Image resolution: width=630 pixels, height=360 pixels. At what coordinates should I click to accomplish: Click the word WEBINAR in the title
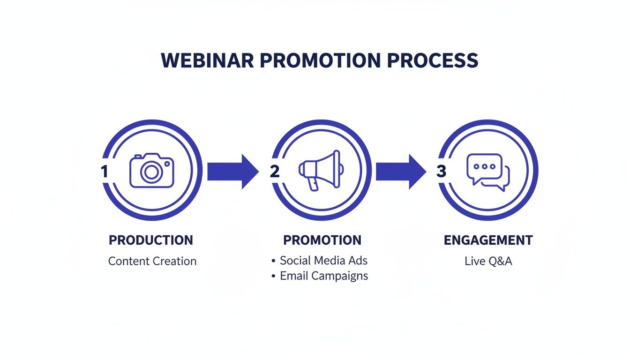[207, 60]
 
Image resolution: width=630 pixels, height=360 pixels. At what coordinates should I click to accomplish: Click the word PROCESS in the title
[433, 60]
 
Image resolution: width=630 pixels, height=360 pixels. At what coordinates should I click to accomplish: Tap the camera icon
[151, 171]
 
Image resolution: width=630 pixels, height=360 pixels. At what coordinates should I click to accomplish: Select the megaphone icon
[321, 171]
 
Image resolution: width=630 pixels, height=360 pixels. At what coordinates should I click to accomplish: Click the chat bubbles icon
[488, 172]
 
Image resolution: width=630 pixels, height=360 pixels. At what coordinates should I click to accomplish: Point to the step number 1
[105, 171]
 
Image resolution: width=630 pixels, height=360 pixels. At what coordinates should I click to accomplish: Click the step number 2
[275, 171]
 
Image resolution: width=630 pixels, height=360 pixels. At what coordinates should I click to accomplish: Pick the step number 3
[441, 171]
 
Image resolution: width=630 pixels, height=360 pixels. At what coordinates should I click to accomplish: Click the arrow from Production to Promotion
[233, 172]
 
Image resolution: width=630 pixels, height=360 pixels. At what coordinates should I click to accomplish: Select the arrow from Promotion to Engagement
[401, 172]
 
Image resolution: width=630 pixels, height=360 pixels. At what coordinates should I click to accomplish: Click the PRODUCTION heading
[151, 240]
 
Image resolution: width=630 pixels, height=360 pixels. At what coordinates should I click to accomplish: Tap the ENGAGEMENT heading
[488, 240]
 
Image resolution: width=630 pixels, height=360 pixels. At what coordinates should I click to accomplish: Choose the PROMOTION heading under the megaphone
[322, 240]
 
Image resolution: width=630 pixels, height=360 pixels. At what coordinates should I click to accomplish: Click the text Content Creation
[152, 261]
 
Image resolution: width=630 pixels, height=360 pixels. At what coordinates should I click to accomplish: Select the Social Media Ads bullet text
[323, 261]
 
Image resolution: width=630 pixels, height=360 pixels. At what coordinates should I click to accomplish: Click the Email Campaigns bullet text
[324, 276]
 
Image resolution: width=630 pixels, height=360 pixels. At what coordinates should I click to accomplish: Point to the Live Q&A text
[488, 261]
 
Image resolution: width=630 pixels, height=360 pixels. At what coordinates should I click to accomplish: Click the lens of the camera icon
[151, 172]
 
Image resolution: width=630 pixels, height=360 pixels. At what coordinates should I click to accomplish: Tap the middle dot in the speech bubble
[484, 166]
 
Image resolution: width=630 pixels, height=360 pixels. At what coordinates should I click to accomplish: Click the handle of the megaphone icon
[313, 184]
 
